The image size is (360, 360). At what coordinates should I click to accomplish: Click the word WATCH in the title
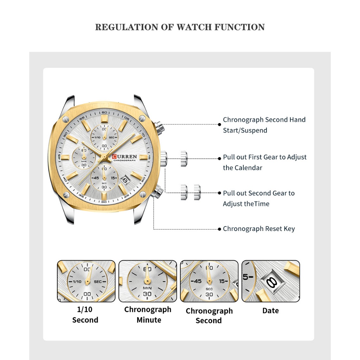(194, 27)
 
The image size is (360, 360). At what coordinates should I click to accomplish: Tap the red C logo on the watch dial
(114, 156)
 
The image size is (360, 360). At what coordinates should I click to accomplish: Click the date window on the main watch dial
(125, 180)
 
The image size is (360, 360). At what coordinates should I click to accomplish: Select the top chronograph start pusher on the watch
(159, 127)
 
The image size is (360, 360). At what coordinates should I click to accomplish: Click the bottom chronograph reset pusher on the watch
(157, 192)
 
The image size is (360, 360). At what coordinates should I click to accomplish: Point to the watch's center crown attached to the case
(164, 159)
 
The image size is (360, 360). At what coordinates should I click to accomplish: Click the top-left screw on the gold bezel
(66, 119)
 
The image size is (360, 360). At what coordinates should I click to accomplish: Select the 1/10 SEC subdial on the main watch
(104, 137)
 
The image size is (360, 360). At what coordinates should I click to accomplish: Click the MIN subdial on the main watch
(84, 158)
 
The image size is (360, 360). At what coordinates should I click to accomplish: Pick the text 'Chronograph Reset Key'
(259, 229)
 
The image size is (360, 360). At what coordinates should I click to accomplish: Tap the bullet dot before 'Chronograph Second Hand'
(219, 124)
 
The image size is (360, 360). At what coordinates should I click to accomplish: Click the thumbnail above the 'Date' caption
(271, 281)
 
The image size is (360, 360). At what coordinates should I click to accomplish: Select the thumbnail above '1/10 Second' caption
(86, 281)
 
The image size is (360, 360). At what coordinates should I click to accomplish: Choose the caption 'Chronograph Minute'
(148, 315)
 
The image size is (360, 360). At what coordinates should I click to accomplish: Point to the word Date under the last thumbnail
(270, 311)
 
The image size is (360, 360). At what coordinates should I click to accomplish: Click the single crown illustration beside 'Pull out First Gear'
(184, 159)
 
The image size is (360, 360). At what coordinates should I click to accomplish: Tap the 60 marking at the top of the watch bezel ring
(104, 112)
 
